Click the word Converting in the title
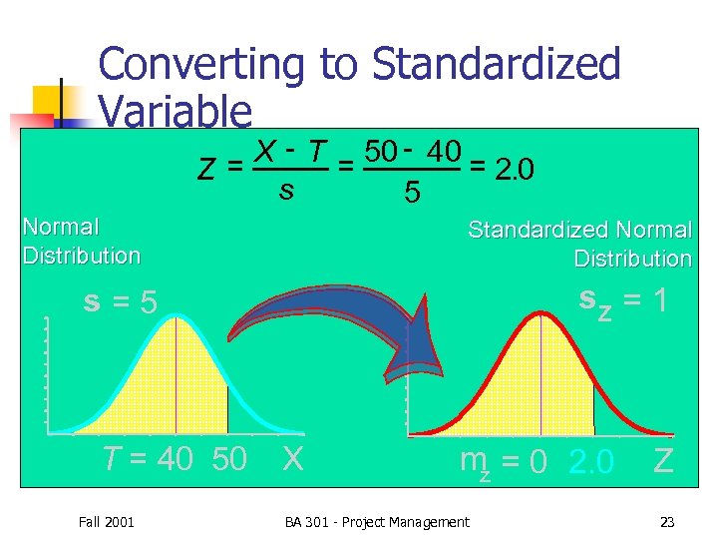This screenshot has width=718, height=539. pyautogui.click(x=202, y=66)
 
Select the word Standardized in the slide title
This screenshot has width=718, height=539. pyautogui.click(x=496, y=66)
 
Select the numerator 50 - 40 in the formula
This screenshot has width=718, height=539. pyautogui.click(x=412, y=152)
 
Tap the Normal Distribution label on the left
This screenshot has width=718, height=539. pyautogui.click(x=82, y=242)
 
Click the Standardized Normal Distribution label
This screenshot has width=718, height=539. pyautogui.click(x=580, y=245)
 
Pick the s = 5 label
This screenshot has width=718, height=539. pyautogui.click(x=121, y=300)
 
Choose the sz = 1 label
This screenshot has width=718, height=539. pyautogui.click(x=622, y=299)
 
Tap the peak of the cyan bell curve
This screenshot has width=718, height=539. pyautogui.click(x=175, y=317)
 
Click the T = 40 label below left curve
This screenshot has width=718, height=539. pyautogui.click(x=149, y=459)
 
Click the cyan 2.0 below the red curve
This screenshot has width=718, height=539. pyautogui.click(x=591, y=462)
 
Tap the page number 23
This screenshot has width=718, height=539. pyautogui.click(x=667, y=522)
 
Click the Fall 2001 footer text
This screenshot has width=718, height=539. pyautogui.click(x=106, y=522)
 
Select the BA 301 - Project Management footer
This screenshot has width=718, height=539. pyautogui.click(x=376, y=522)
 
